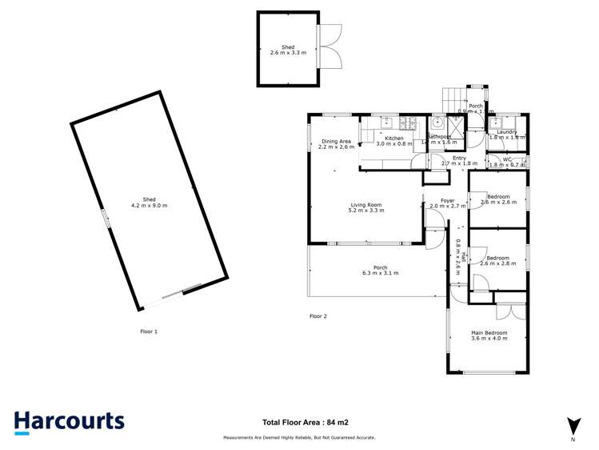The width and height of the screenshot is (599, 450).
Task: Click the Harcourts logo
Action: [69, 422]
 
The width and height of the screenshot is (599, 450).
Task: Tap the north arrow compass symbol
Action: [573, 426]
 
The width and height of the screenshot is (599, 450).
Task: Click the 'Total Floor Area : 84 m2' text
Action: [305, 422]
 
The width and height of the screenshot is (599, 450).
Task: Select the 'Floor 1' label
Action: [149, 331]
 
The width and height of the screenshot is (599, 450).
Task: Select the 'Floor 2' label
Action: [318, 316]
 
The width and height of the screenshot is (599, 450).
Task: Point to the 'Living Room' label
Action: [365, 205]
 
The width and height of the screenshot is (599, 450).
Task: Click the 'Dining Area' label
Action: [335, 142]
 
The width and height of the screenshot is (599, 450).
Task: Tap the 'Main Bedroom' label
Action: [488, 332]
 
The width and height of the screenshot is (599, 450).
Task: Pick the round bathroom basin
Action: [437, 125]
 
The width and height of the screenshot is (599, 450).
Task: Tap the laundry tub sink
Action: [497, 124]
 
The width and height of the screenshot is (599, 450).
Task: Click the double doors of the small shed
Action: [329, 46]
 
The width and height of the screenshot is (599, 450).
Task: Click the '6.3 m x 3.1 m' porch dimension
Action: [380, 274]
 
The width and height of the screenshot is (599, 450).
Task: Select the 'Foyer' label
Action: [447, 200]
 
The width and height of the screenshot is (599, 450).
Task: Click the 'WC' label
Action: [506, 159]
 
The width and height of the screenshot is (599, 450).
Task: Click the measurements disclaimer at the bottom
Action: [299, 438]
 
